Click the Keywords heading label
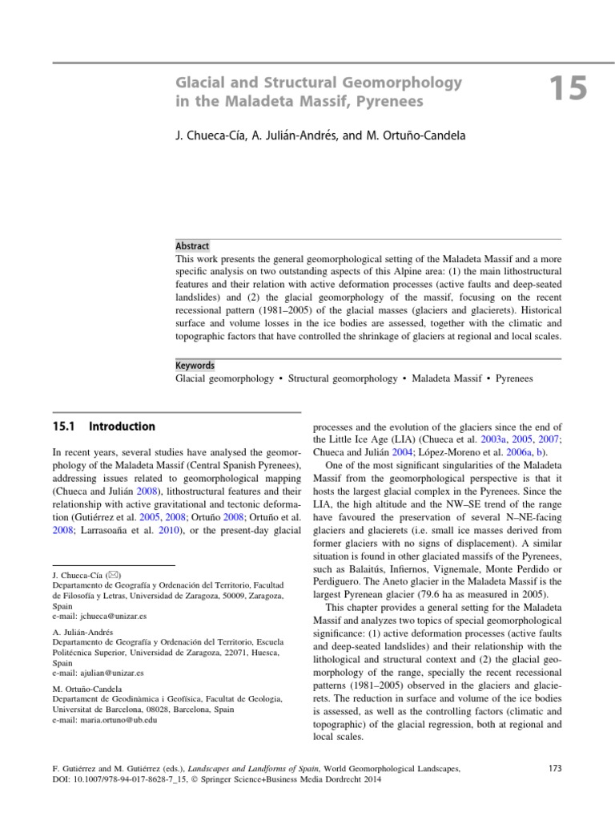click(195, 365)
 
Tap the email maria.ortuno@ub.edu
click(117, 721)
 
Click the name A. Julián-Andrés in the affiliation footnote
click(82, 629)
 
